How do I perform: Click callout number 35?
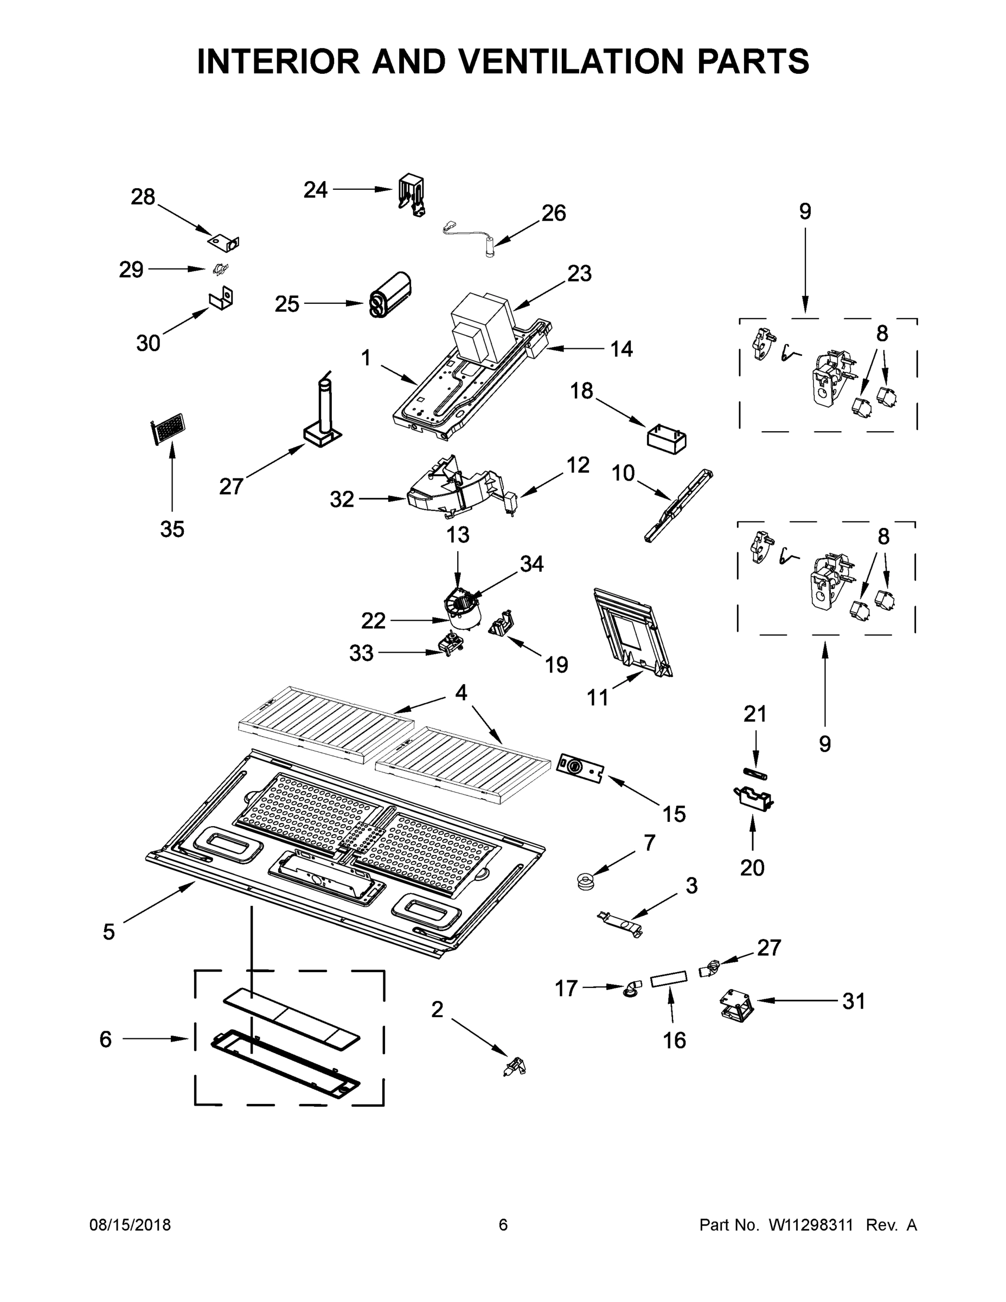172,529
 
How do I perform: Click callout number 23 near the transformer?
579,273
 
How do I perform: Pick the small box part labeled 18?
667,439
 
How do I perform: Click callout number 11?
598,697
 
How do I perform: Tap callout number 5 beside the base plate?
108,932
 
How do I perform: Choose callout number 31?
853,1001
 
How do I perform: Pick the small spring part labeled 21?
755,774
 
